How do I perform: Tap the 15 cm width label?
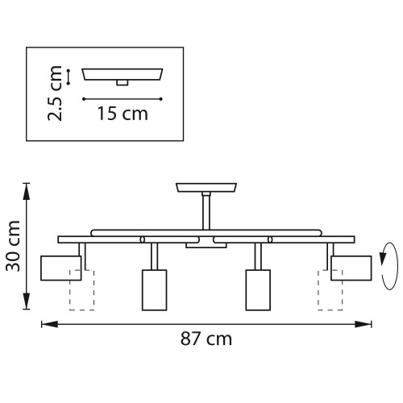[x=123, y=114]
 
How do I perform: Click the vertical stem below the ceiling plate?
[x=206, y=211]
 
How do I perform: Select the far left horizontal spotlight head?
[x=60, y=268]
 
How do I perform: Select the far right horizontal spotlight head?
[x=351, y=268]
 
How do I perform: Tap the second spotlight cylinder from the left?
[x=152, y=290]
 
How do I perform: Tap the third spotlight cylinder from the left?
[x=257, y=290]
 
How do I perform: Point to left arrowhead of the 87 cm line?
[x=46, y=324]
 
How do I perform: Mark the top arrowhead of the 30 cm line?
[x=30, y=188]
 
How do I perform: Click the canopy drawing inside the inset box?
[x=123, y=75]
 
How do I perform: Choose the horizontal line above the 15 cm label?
[x=123, y=98]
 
